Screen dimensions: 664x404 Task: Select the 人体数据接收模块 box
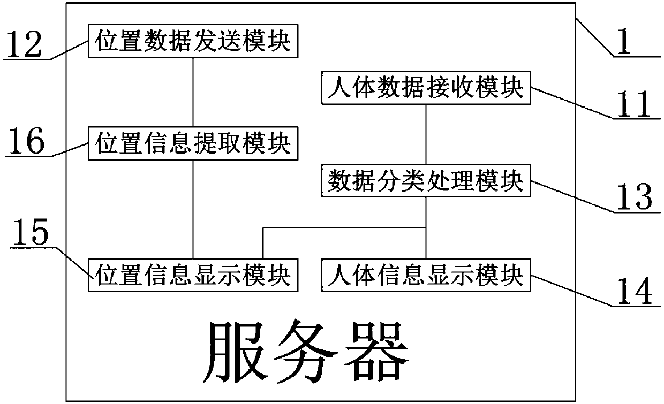pyautogui.click(x=426, y=88)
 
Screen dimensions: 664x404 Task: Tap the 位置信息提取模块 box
pyautogui.click(x=193, y=144)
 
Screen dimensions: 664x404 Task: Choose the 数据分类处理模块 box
pyautogui.click(x=426, y=182)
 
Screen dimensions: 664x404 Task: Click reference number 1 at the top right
pyautogui.click(x=622, y=42)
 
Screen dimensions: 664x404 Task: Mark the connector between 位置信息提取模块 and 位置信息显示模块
pyautogui.click(x=193, y=209)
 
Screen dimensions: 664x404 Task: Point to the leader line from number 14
pyautogui.click(x=573, y=289)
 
